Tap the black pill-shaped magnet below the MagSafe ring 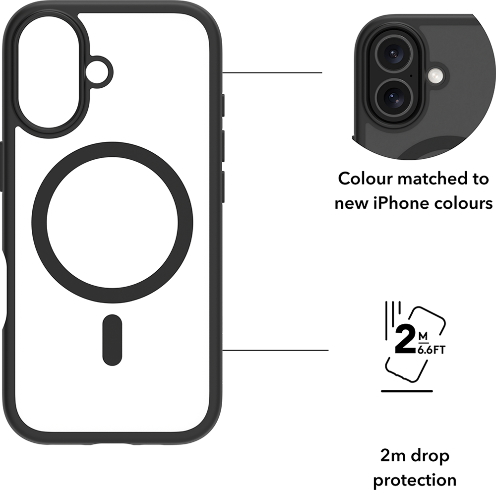point(112,340)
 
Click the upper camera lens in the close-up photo point(393,53)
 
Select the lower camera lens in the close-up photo point(393,97)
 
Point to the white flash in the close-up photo point(435,75)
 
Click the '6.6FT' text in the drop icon point(432,350)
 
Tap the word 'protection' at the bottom point(415,480)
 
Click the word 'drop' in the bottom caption point(430,456)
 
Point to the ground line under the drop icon point(407,391)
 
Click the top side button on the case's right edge point(223,105)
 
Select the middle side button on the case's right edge point(223,146)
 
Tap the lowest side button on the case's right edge point(223,187)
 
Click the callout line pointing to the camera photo point(272,73)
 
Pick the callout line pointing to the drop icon point(275,350)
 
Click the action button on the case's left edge point(1,167)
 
